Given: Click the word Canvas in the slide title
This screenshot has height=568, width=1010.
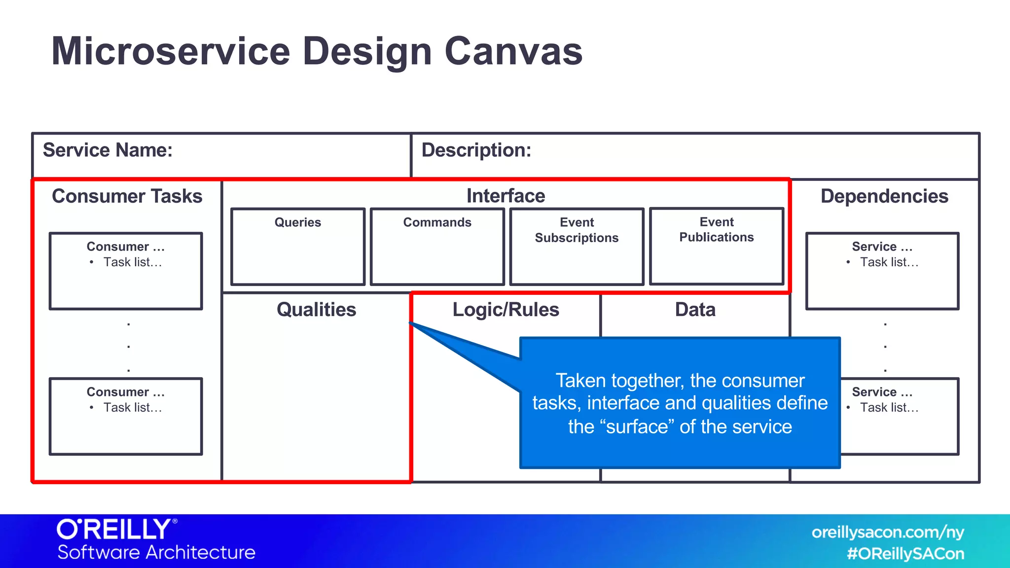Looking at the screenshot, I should point(513,51).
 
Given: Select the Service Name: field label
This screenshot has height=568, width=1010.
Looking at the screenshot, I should point(108,150).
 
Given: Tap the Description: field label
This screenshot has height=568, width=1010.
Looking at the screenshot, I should point(476,150).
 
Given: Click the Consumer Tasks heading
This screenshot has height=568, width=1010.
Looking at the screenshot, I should point(127,196).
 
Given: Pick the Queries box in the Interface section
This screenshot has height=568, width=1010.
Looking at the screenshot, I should point(298,247).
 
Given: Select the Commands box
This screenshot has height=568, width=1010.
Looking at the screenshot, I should point(437,247).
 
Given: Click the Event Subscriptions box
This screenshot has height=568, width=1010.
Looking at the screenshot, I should point(577,247).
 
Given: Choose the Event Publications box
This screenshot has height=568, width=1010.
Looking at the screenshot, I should point(717,246).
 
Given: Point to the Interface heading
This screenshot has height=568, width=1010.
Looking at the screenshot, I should point(505,196).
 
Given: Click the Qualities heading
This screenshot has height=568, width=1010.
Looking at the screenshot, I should point(316,310).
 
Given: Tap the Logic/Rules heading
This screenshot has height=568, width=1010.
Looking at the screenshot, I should point(505,310).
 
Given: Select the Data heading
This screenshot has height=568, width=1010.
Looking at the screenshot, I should point(695,310).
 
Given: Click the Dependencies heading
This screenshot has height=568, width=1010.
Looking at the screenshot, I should point(884,196).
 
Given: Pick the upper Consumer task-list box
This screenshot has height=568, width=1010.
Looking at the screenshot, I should point(126,271).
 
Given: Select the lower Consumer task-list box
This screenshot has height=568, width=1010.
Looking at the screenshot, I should point(126,417).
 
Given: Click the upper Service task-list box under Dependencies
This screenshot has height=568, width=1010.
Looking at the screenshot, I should point(882,271).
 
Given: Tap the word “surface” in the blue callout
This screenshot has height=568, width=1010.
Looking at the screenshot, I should point(637,426).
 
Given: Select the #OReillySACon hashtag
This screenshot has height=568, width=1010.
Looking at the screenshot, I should point(905,554).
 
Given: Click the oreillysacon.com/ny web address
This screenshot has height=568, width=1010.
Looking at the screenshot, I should point(888,532).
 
